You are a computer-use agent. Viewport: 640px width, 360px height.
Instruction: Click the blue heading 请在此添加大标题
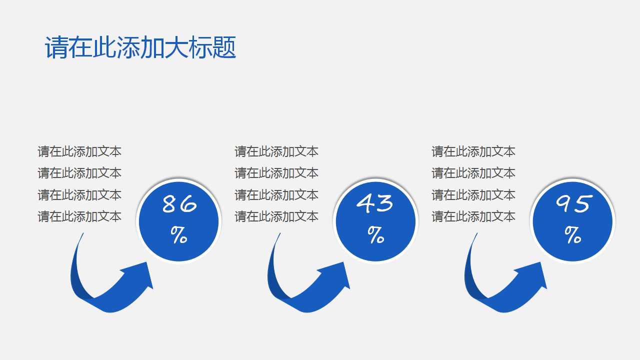tap(140, 48)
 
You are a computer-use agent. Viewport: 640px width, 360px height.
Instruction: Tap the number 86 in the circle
tap(179, 204)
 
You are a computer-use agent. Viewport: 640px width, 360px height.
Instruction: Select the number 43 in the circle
tap(375, 203)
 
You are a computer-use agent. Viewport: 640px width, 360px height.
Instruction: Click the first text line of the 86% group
tap(79, 151)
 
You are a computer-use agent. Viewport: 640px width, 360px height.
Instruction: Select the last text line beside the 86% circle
tap(79, 216)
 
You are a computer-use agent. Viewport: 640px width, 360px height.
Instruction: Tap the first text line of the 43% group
tap(276, 151)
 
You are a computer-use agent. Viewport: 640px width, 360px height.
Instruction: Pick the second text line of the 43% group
tap(276, 173)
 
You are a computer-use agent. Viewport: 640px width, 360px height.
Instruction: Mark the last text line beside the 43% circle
tap(276, 216)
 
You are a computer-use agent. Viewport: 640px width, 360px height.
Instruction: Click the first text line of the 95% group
tap(473, 151)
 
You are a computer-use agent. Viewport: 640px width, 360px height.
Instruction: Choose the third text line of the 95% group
tap(473, 195)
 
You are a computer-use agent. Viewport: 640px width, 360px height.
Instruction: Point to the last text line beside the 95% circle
tap(473, 216)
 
